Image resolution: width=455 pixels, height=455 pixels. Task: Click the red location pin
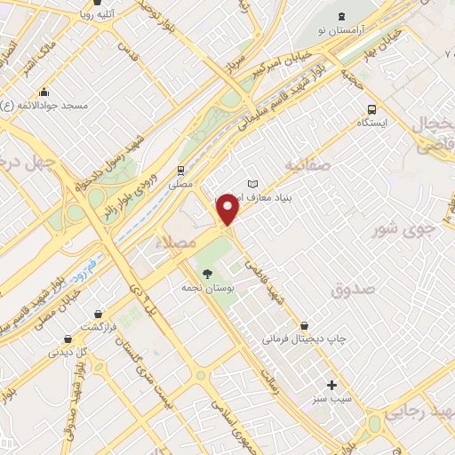228,210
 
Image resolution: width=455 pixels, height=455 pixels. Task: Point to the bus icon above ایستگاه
371,109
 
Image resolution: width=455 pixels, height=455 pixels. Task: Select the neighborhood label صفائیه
310,164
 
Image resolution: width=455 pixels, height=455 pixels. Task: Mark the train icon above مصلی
181,169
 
